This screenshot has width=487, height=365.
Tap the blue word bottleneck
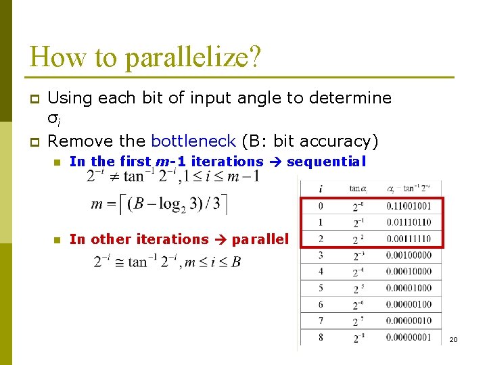coord(193,141)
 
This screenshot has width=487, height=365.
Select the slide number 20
coord(453,339)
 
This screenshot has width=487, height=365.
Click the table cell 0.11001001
coord(409,206)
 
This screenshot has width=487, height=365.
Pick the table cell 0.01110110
coord(409,222)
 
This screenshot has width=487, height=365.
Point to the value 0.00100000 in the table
coord(409,255)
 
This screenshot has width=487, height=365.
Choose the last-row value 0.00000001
coord(409,337)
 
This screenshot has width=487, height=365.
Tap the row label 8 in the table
coord(321,337)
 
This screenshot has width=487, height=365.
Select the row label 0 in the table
coord(321,206)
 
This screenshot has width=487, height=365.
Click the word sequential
coord(326,162)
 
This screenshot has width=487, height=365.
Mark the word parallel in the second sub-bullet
coord(260,239)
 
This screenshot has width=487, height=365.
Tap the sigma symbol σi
coord(53,120)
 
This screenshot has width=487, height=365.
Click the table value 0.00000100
coord(409,305)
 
